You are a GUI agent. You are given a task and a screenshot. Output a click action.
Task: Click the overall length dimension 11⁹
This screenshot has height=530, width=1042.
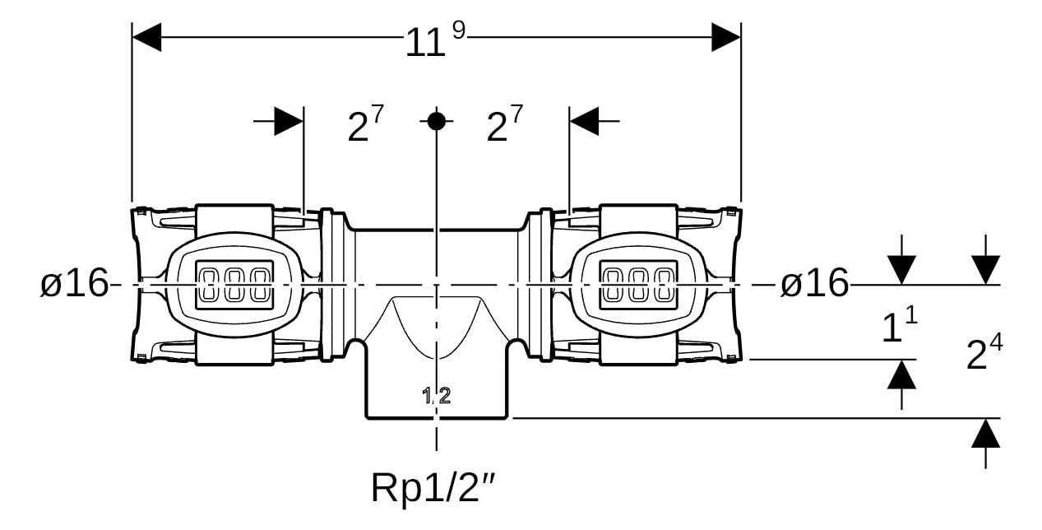(x=434, y=41)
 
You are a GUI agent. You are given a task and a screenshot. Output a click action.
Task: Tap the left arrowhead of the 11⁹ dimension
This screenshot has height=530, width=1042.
(x=147, y=37)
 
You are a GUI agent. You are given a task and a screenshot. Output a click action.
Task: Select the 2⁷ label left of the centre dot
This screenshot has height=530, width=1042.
(x=365, y=125)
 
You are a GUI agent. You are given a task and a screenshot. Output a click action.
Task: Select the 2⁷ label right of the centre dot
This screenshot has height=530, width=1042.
(x=504, y=125)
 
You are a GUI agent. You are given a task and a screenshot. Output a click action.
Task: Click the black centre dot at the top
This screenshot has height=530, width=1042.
(x=436, y=121)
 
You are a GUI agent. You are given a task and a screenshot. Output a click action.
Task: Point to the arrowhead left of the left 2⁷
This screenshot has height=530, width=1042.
(x=288, y=121)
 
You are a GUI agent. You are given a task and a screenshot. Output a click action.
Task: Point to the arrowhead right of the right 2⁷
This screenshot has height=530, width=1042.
(x=585, y=121)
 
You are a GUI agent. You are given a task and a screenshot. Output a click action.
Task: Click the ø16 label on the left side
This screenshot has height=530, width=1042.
(x=74, y=284)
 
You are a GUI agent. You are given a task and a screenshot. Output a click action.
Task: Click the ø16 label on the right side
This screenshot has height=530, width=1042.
(x=813, y=284)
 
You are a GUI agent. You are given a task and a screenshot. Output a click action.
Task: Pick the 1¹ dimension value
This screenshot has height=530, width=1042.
(x=899, y=326)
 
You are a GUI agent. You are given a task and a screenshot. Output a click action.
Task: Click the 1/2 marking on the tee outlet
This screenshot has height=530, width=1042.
(x=437, y=396)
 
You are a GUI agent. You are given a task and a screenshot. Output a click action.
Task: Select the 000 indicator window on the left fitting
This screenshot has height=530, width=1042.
(x=234, y=285)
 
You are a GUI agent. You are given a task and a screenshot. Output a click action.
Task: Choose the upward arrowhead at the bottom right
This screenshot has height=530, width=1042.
(x=985, y=434)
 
